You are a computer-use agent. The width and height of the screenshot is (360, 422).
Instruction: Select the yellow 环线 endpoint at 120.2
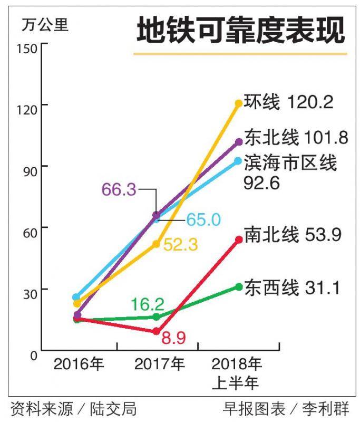click(239, 103)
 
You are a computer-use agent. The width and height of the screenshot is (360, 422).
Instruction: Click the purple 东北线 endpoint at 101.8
click(239, 141)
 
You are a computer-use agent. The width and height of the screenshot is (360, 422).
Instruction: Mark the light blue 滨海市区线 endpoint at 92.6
click(238, 160)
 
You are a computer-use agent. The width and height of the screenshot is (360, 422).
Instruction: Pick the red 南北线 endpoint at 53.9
click(239, 239)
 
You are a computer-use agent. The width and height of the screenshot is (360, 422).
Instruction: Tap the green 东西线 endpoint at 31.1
click(239, 286)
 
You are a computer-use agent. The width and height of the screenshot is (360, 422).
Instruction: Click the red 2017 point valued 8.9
click(157, 331)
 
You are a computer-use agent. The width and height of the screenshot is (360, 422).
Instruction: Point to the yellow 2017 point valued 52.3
click(157, 244)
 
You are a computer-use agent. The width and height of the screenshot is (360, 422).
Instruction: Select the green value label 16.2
click(149, 304)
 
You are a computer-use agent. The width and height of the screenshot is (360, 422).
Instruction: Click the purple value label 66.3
click(120, 189)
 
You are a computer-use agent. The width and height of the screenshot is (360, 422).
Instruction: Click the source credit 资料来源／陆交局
click(73, 408)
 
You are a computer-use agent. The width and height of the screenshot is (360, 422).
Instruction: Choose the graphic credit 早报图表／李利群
click(286, 408)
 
